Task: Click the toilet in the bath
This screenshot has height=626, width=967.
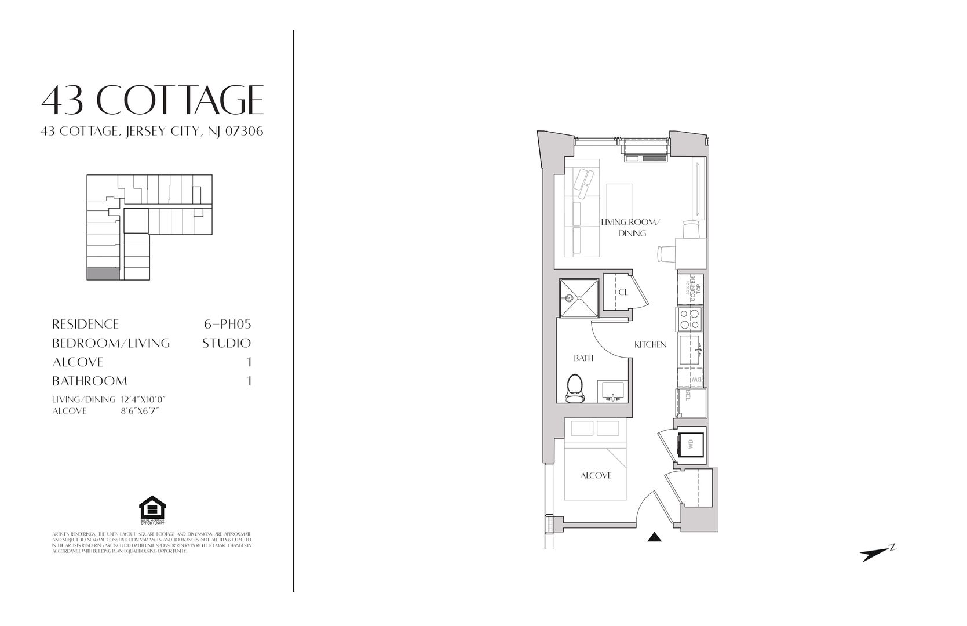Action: pyautogui.click(x=575, y=388)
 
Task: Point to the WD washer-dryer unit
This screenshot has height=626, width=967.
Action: pyautogui.click(x=690, y=445)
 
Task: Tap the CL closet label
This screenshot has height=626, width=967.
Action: pyautogui.click(x=623, y=292)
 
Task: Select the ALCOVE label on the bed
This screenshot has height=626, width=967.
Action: pyautogui.click(x=596, y=476)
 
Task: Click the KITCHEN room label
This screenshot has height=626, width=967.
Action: pyautogui.click(x=650, y=344)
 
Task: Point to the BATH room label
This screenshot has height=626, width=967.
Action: pyautogui.click(x=583, y=358)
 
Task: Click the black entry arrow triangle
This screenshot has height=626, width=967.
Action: pyautogui.click(x=654, y=537)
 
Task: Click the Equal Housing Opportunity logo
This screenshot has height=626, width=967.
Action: pyautogui.click(x=152, y=509)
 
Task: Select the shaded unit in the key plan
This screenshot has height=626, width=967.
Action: pyautogui.click(x=103, y=274)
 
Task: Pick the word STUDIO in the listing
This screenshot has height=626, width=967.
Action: pyautogui.click(x=227, y=343)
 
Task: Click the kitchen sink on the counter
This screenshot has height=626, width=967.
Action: pyautogui.click(x=690, y=350)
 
